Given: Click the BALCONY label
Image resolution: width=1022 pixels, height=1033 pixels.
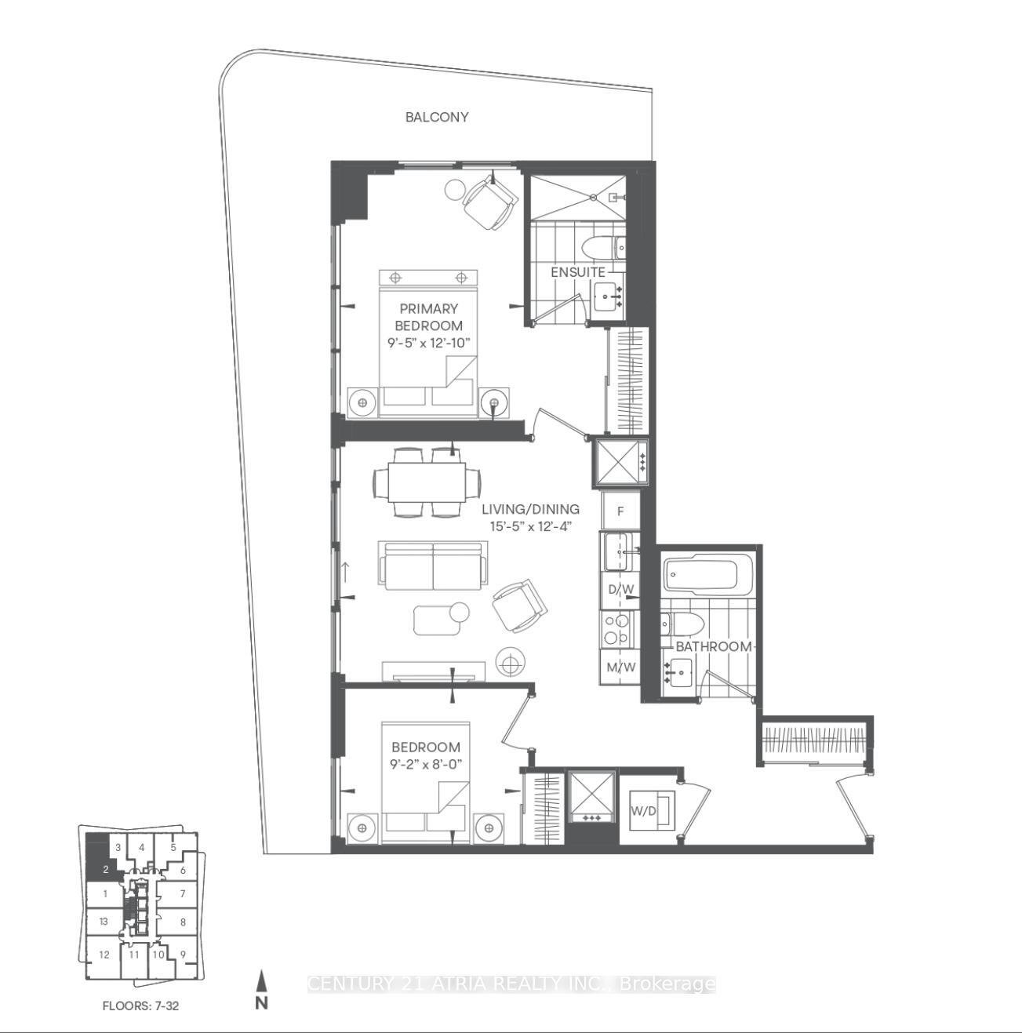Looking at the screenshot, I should click(437, 117).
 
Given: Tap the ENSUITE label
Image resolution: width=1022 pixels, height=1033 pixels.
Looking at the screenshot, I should click(577, 272).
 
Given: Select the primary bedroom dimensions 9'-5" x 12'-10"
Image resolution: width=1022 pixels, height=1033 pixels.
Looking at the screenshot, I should click(428, 343).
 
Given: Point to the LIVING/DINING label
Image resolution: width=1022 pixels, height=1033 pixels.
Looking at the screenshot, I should click(530, 509).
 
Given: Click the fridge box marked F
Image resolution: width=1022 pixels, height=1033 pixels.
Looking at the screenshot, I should click(620, 511).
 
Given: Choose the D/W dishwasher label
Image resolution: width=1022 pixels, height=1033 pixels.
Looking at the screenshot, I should click(620, 589).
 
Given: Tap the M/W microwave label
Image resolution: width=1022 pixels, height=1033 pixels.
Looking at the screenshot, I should click(620, 668).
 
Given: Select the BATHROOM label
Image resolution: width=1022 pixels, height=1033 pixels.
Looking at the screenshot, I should click(713, 646).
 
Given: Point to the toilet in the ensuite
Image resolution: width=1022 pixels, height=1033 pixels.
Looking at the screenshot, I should click(601, 246).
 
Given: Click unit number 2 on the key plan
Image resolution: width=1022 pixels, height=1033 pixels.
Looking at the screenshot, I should click(105, 869).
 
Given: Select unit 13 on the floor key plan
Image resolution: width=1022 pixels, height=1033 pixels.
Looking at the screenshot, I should click(103, 922).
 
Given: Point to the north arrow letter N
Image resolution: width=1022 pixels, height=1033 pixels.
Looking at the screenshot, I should click(262, 1002).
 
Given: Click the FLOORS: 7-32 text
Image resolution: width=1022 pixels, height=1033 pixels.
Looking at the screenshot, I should click(140, 1005).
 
